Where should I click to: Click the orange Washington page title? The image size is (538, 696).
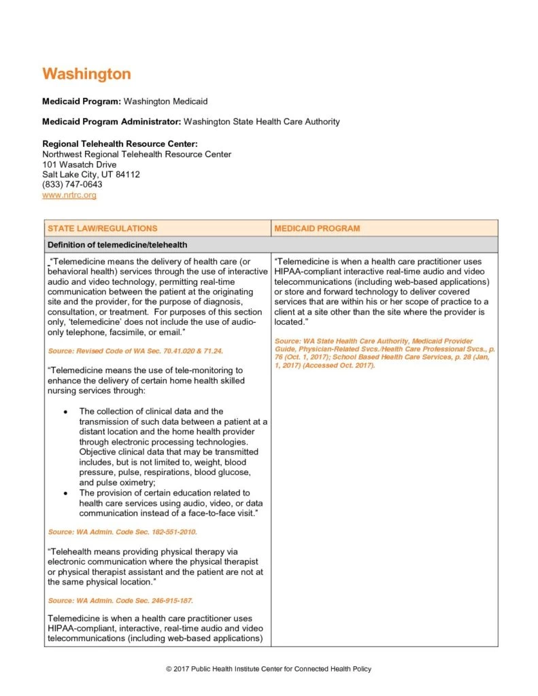coord(86,73)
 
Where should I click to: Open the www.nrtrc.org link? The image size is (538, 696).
coord(69,195)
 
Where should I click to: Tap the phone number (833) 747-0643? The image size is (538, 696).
coord(72,185)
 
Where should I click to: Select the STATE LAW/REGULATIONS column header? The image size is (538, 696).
coord(102,228)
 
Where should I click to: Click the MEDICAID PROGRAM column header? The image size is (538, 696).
coord(317,228)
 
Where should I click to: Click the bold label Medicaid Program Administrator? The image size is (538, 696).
coord(112,122)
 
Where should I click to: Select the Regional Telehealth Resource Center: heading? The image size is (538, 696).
coord(120,144)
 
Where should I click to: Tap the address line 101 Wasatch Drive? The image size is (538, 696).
coord(79,164)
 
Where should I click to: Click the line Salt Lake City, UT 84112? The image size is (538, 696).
coord(91,175)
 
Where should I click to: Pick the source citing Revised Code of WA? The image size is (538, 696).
coord(135,351)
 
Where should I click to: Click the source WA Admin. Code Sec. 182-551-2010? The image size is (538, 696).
coord(122,532)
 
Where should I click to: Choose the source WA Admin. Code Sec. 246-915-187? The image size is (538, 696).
coord(120,601)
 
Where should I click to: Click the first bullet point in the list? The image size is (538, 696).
coord(65,412)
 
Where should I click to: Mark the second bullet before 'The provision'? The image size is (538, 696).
coord(65,493)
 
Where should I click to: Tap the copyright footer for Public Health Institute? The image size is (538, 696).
coord(269,669)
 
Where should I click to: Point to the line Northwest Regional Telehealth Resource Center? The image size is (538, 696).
coord(137,154)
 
